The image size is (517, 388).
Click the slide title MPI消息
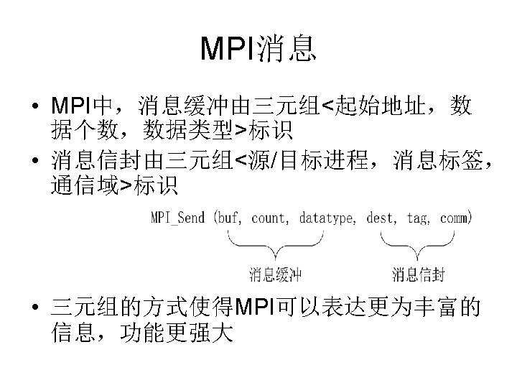(258, 48)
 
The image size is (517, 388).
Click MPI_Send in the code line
(177, 216)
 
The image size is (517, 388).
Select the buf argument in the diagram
(229, 216)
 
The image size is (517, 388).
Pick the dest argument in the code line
(381, 216)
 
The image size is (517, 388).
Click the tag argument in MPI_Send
(419, 216)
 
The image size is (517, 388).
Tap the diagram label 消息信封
(419, 274)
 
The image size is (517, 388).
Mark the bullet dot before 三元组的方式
(34, 311)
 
